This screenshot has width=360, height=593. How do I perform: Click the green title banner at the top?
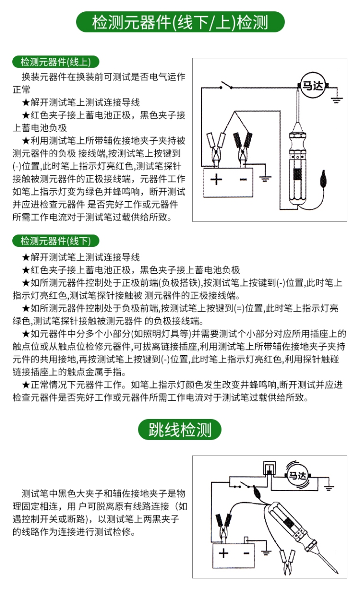tap(180, 22)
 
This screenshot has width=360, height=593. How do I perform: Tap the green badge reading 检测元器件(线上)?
tap(56, 62)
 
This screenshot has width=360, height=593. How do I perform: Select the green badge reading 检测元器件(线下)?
tap(56, 241)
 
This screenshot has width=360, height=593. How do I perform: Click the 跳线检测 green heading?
tap(180, 430)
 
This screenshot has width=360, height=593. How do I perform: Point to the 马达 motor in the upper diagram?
tap(313, 86)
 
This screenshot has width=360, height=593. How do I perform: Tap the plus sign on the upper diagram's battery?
tap(216, 180)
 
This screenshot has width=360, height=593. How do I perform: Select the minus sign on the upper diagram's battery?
tap(243, 180)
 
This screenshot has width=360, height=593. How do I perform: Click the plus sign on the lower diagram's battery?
tap(224, 553)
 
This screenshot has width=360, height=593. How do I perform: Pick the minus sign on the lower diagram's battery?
tap(246, 553)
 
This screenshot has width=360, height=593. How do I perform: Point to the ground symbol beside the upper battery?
tap(265, 178)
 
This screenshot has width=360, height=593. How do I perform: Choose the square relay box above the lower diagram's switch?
tap(269, 468)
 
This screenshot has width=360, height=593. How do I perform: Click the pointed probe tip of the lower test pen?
tap(337, 573)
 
